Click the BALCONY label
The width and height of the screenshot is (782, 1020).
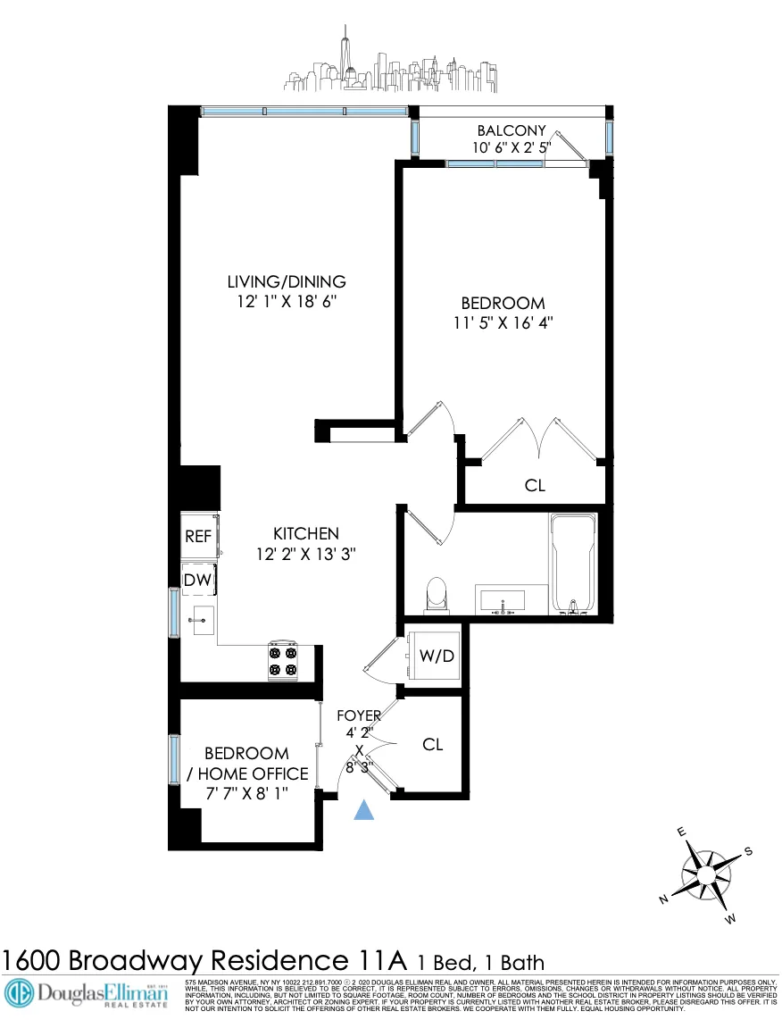[x=511, y=130]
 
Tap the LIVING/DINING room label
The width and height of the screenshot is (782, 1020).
[x=286, y=281]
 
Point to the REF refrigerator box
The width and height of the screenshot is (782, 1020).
[x=197, y=537]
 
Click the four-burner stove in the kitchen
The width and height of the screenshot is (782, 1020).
[x=283, y=661]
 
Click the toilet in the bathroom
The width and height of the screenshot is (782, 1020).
[x=436, y=593]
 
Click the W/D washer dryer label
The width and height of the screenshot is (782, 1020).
[x=437, y=656]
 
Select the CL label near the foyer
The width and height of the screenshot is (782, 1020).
[x=433, y=745]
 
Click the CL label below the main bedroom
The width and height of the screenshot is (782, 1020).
[x=535, y=486]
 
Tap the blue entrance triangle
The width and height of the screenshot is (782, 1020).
[x=363, y=809]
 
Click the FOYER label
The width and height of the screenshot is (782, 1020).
[x=359, y=715]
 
